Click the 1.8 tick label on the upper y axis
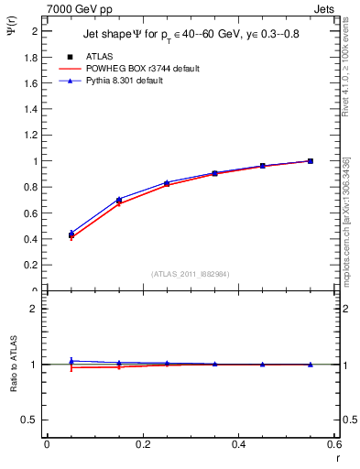[32, 57]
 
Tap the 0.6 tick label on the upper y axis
[32, 213]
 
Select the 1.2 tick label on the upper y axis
[32, 136]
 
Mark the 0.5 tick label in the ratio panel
[32, 420]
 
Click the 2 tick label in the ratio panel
[36, 310]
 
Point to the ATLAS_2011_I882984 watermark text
[191, 274]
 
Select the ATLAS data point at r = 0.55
[311, 161]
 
